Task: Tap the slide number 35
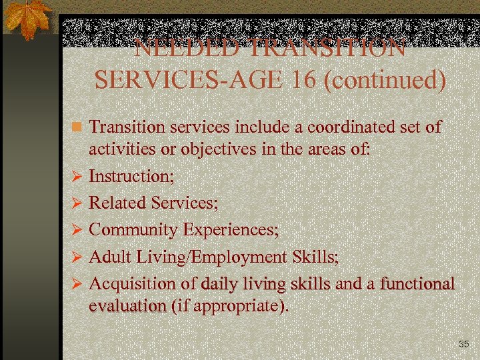click(x=464, y=344)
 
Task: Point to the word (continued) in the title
click(x=384, y=81)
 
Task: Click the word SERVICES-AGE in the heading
click(x=189, y=80)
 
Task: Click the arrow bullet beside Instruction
click(x=77, y=177)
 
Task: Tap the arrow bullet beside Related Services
click(x=77, y=203)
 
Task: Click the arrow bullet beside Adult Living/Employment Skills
click(x=77, y=257)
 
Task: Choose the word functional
click(x=417, y=283)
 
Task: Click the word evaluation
click(x=127, y=306)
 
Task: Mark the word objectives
click(x=213, y=149)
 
